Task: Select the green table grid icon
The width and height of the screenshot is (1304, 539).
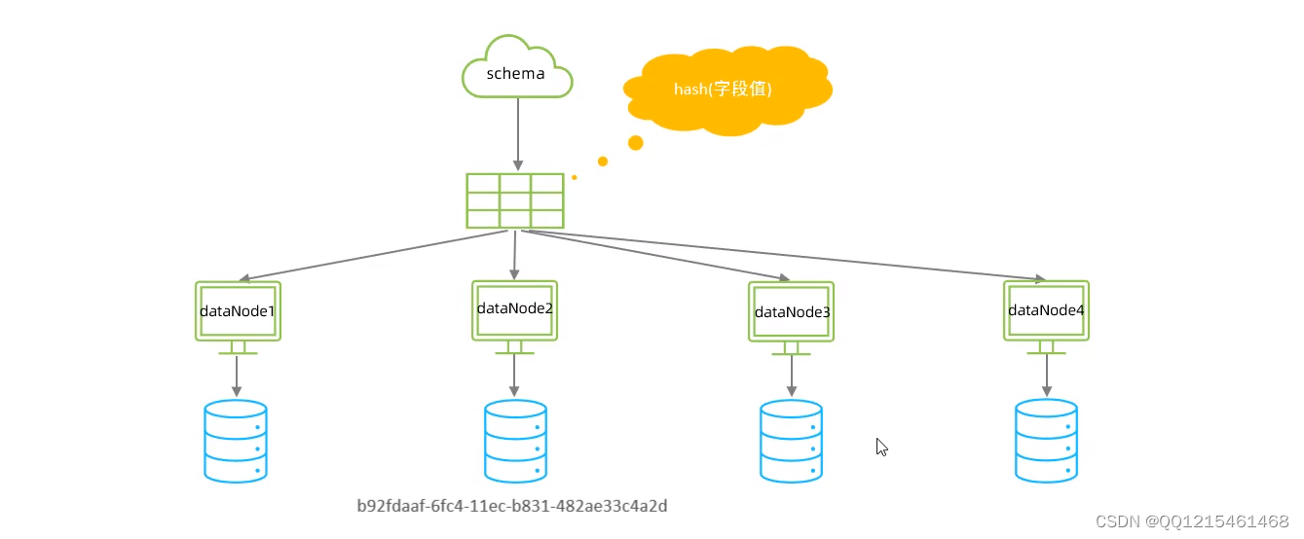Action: coord(515,201)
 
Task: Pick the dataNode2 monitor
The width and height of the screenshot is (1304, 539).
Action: coord(515,310)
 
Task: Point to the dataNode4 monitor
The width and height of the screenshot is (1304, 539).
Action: coord(1047,310)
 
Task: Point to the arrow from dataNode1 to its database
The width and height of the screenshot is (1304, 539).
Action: coord(237,375)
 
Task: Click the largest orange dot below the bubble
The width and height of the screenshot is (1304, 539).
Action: coord(636,143)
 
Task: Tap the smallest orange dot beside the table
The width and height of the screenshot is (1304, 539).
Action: coord(575,177)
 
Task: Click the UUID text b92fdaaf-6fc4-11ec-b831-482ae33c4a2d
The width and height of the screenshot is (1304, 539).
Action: coord(512,506)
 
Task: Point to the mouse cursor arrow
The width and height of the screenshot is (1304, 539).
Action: coord(881,447)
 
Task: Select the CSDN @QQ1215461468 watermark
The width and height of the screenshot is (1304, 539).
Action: coord(1192,521)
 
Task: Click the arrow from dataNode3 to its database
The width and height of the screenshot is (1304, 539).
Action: coord(791,375)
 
